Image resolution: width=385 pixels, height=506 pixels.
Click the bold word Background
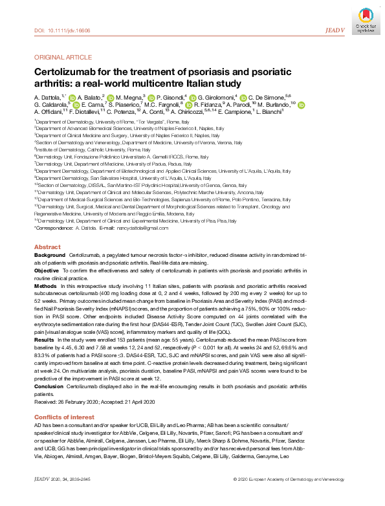50,256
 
